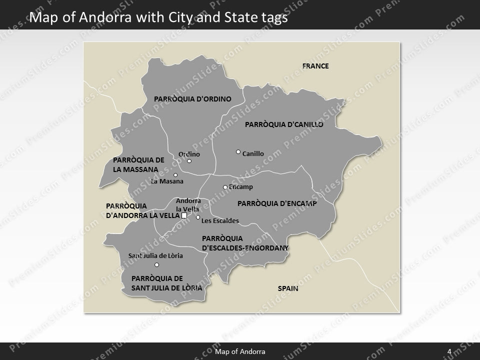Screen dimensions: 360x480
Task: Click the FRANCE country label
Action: tap(315, 66)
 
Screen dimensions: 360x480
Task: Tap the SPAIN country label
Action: tap(288, 288)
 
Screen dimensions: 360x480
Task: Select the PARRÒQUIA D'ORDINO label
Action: tap(192, 99)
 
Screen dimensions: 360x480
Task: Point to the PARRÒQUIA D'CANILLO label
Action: tap(284, 124)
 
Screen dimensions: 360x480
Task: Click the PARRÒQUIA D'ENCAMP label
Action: tap(277, 203)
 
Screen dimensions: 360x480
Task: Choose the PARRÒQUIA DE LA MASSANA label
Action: tap(138, 165)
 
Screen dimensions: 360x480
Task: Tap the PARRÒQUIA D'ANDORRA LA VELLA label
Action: tap(142, 210)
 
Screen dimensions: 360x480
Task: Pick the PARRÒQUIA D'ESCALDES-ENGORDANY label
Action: tap(245, 243)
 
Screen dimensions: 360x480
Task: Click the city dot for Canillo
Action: tap(238, 151)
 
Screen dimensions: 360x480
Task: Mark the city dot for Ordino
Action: tap(189, 161)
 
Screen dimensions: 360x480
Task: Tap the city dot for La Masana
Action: tap(175, 175)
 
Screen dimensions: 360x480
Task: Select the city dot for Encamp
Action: tap(225, 187)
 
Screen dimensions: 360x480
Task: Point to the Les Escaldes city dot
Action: tap(198, 217)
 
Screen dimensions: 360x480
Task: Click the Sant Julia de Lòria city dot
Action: tap(156, 264)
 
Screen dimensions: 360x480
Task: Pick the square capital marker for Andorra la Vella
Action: tap(184, 215)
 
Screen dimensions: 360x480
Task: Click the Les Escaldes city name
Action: tap(220, 220)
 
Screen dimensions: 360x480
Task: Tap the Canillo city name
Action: tap(253, 154)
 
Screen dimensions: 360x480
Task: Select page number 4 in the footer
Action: tap(449, 351)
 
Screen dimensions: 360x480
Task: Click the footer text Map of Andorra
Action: tap(240, 351)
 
